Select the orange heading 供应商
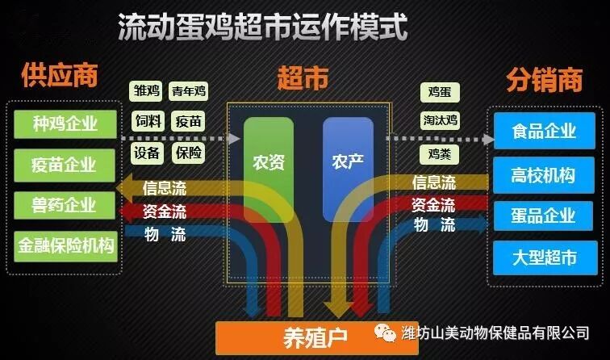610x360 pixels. pos(60,76)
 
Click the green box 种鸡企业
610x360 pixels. pos(65,124)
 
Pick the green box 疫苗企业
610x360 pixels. pos(65,165)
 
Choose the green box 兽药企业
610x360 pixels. pos(65,205)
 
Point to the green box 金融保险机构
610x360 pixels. pos(65,245)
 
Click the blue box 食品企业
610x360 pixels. pos(544,130)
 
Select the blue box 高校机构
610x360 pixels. pos(544,173)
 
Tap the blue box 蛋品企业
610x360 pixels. pos(544,216)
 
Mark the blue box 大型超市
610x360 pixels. pos(544,258)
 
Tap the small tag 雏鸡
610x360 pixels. pos(147,91)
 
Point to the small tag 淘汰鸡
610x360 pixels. pos(440,121)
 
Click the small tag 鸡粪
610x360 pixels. pos(440,152)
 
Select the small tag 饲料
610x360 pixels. pos(147,122)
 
